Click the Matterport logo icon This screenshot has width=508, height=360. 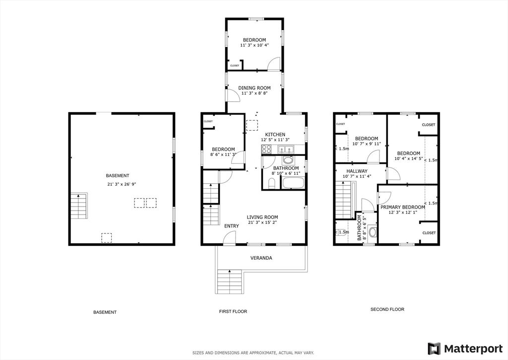(x=434, y=349)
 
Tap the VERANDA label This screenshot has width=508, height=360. (x=261, y=258)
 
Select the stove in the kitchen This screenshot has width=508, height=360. (x=266, y=149)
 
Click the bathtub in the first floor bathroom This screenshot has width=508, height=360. (x=293, y=183)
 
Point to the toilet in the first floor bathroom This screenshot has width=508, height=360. (x=272, y=184)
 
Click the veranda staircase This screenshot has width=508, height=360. (x=229, y=282)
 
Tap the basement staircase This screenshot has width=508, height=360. (x=79, y=206)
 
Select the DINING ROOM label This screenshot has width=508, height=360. (x=254, y=88)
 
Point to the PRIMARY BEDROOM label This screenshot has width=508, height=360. (x=403, y=207)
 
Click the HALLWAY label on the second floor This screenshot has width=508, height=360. (x=357, y=171)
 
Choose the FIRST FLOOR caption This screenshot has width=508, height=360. (x=233, y=311)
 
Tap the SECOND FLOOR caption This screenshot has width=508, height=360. (x=387, y=309)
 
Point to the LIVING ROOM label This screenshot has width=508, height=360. (x=262, y=217)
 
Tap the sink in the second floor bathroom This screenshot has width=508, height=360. (x=373, y=232)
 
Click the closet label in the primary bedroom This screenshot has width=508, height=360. (x=429, y=233)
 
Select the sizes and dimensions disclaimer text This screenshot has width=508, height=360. (x=254, y=353)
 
